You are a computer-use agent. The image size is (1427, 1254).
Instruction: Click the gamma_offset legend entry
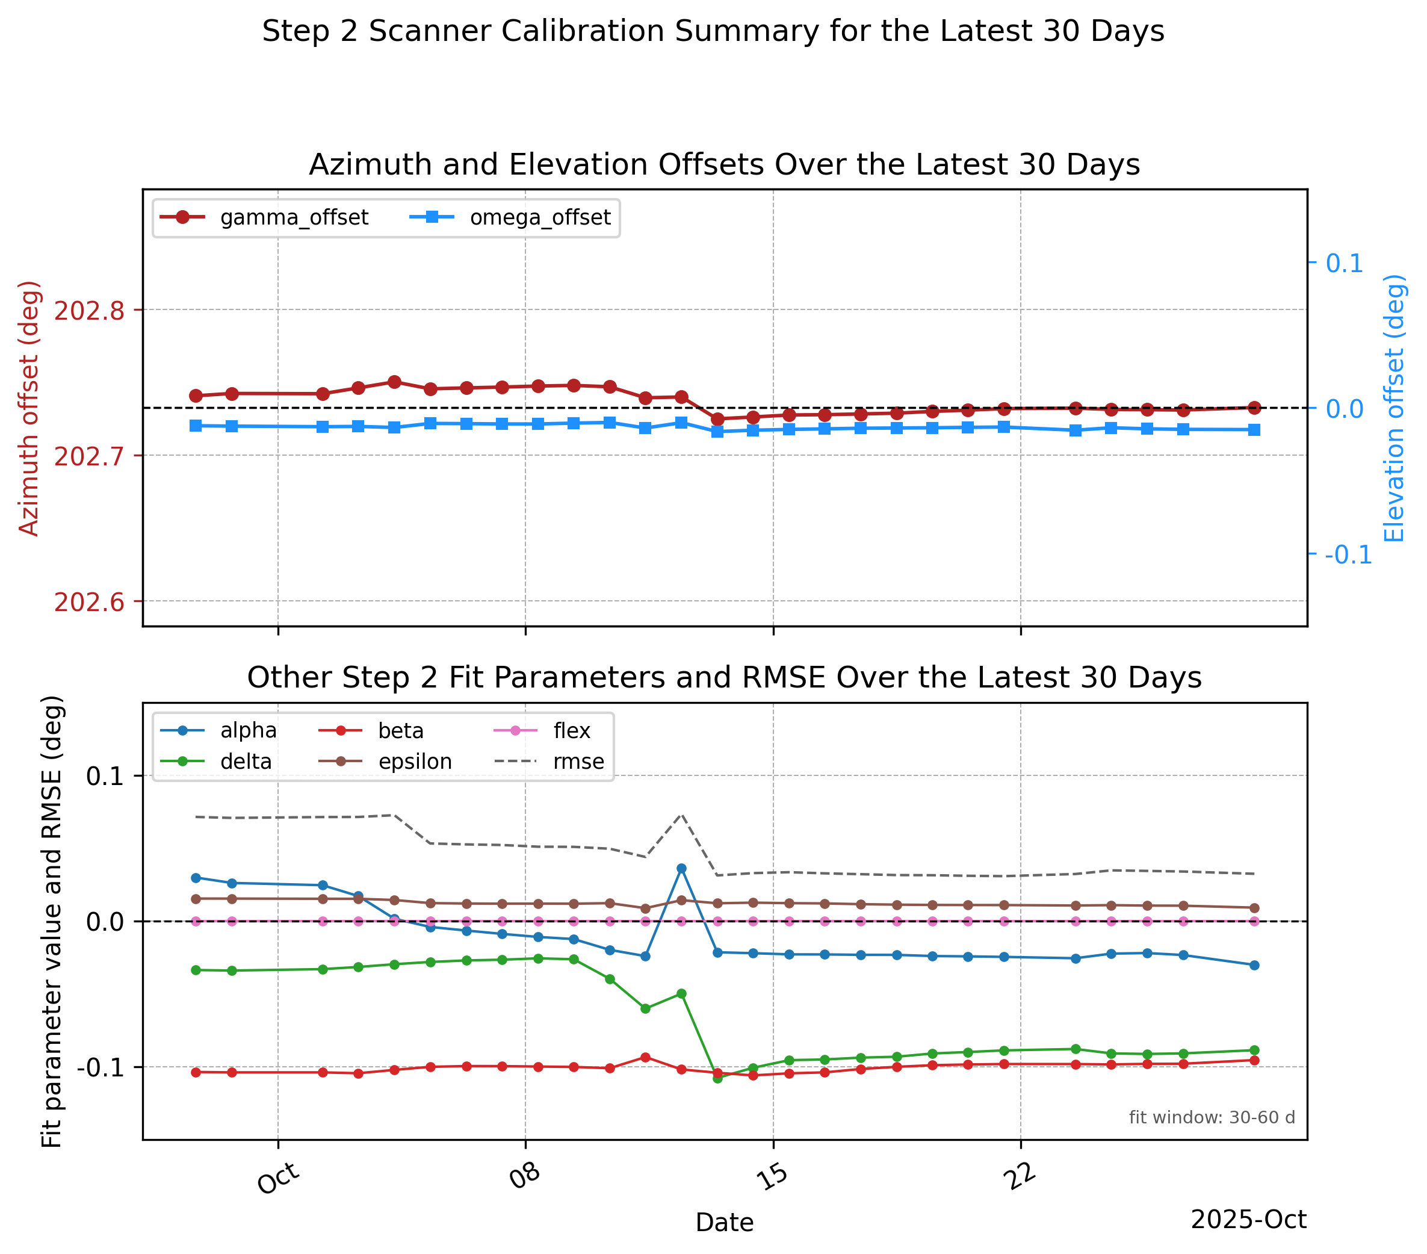click(264, 218)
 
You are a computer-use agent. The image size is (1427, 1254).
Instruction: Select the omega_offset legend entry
click(510, 218)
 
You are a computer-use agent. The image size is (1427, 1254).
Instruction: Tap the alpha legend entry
click(218, 730)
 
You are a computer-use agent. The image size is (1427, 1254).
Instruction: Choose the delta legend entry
click(215, 761)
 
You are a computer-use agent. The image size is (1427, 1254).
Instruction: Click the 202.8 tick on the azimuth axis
click(89, 311)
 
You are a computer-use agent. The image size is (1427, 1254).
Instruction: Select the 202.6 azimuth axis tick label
click(89, 602)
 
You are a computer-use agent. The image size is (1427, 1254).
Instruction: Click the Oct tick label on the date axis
click(279, 1178)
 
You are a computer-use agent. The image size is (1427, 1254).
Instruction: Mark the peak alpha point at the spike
click(681, 869)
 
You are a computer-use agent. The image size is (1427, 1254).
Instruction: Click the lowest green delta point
click(717, 1078)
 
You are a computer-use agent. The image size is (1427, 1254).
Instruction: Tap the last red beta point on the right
click(1254, 1060)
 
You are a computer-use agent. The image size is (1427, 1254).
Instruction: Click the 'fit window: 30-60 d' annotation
click(1212, 1117)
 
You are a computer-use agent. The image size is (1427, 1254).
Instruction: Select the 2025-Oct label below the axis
click(1248, 1219)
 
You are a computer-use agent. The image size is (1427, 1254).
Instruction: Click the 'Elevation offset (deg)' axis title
click(1394, 408)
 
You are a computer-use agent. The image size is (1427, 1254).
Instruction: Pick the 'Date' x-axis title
click(725, 1223)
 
